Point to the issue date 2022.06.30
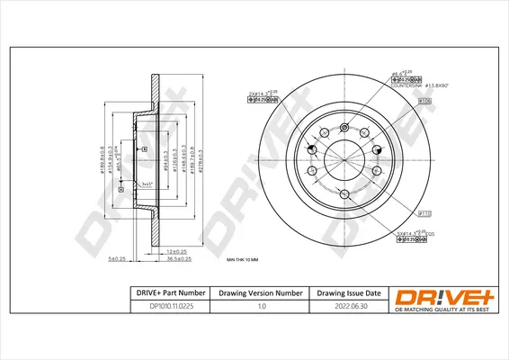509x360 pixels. [x=348, y=306]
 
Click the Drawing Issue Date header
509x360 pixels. [x=348, y=292]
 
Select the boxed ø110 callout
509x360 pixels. [x=425, y=213]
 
